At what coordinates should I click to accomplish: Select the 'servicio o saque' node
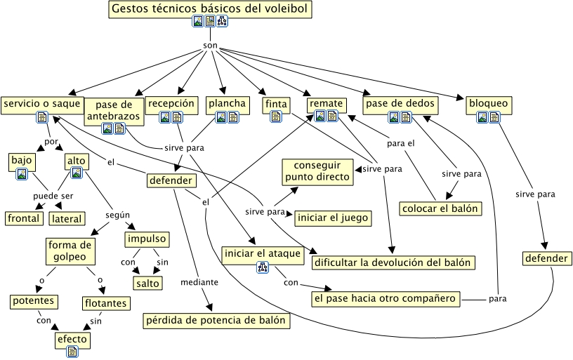(x=42, y=104)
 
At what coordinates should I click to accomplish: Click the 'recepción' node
(x=170, y=103)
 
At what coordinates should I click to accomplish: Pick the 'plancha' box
(x=227, y=104)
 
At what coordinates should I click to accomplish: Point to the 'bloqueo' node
(x=487, y=104)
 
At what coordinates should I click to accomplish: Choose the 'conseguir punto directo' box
(x=317, y=171)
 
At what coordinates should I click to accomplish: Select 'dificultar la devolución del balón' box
(x=395, y=262)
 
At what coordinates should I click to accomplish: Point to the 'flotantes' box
(x=105, y=303)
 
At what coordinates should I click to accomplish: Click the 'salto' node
(x=148, y=283)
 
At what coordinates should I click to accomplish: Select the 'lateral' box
(x=67, y=219)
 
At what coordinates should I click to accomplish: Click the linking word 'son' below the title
(x=210, y=46)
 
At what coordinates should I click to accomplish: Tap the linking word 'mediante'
(x=199, y=282)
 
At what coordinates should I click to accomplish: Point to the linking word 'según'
(x=117, y=215)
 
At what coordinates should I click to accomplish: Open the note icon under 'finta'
(x=276, y=117)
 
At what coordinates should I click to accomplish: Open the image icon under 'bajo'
(x=22, y=173)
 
